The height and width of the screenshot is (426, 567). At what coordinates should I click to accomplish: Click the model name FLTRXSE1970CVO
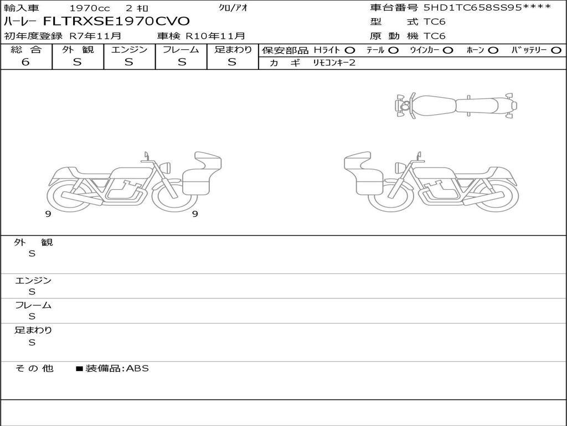(x=116, y=21)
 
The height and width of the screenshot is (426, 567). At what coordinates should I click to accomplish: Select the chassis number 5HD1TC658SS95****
(x=487, y=7)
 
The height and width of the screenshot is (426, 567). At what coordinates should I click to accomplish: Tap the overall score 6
(x=25, y=62)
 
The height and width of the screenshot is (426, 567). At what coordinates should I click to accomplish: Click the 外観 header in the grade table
(x=78, y=49)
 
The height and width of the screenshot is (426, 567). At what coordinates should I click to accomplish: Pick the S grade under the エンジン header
(x=129, y=62)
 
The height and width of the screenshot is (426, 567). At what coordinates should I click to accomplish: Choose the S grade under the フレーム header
(x=182, y=62)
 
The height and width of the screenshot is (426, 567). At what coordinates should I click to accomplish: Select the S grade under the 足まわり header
(x=232, y=62)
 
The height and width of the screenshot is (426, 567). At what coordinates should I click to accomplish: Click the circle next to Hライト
(x=349, y=50)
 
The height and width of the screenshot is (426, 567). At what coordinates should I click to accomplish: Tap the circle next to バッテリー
(x=556, y=50)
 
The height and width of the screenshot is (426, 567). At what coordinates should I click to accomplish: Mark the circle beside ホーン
(x=493, y=50)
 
